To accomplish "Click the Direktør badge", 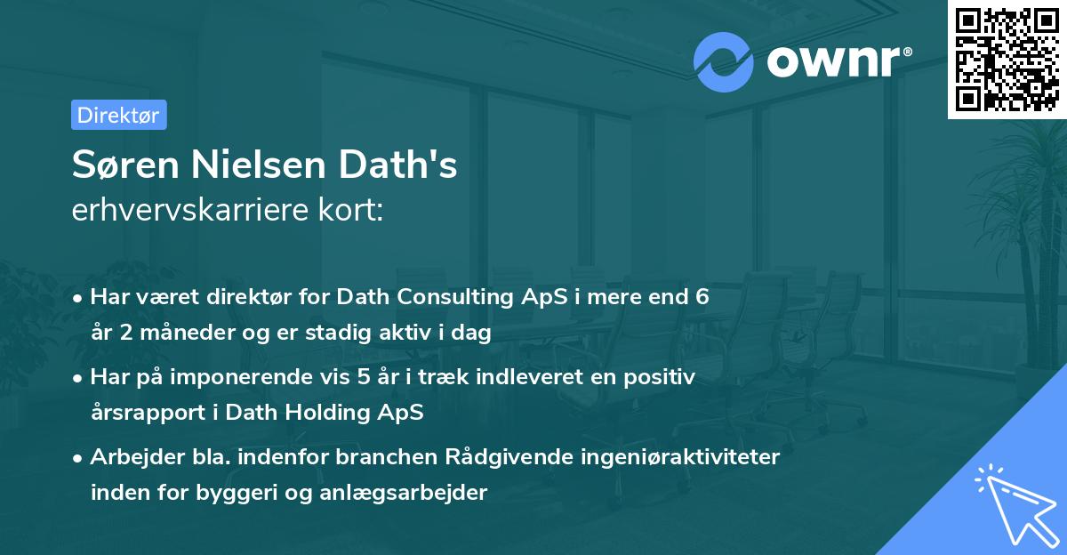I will click(x=118, y=115).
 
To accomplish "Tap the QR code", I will click(x=1005, y=59).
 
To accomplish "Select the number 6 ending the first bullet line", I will click(x=702, y=296).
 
